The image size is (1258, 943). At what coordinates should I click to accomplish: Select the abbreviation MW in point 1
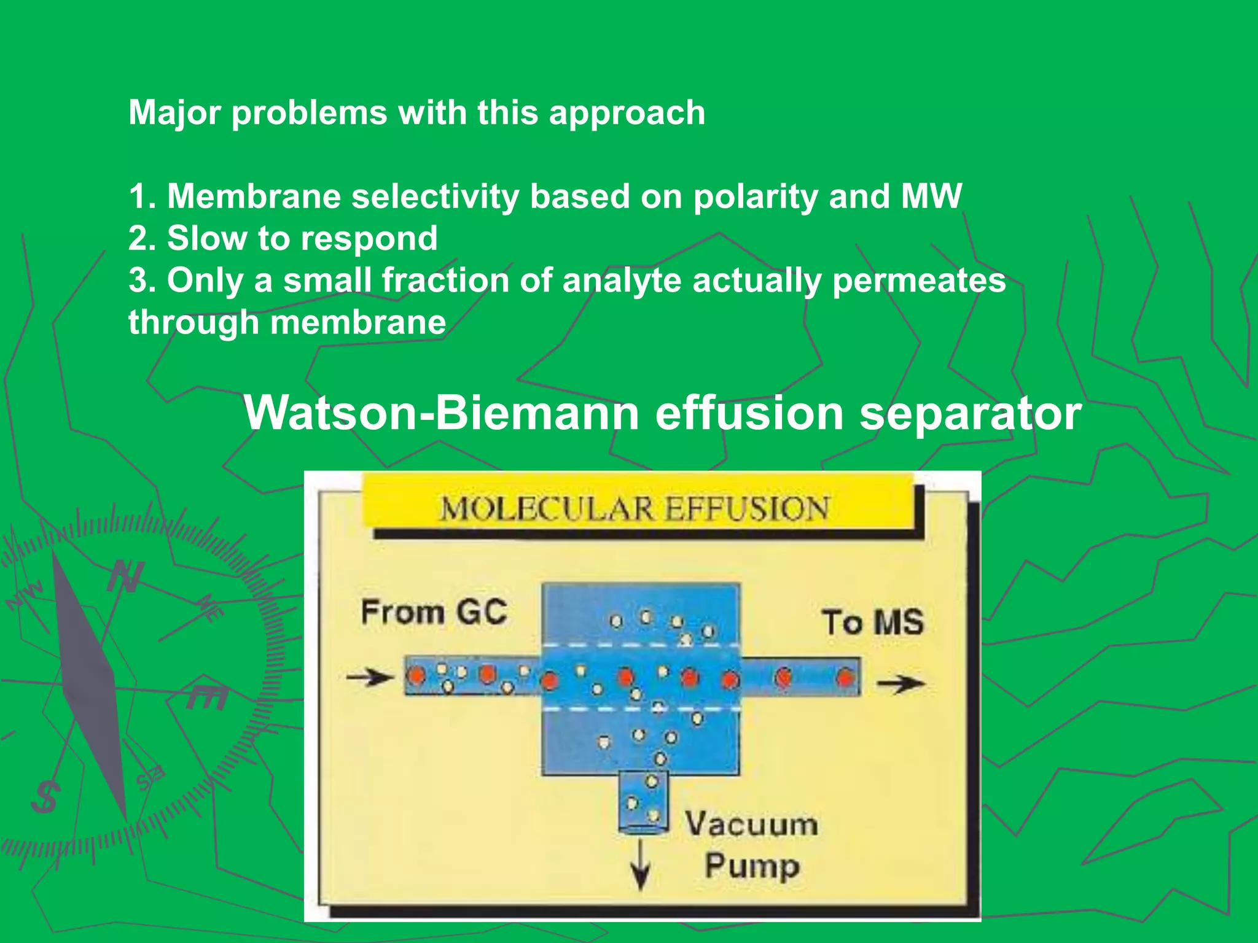click(x=931, y=196)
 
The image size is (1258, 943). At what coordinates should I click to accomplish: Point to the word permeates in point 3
click(x=919, y=281)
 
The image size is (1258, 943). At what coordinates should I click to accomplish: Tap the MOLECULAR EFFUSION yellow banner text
click(x=634, y=509)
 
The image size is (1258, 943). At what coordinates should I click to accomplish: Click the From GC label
click(x=434, y=613)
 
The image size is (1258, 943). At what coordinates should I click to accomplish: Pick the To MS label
click(x=872, y=622)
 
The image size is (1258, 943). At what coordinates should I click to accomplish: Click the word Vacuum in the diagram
click(x=751, y=824)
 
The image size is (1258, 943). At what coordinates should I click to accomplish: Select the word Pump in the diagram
click(x=752, y=866)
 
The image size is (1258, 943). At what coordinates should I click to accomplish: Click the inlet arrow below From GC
click(x=369, y=677)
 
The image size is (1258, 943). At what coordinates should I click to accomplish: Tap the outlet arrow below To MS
click(x=899, y=683)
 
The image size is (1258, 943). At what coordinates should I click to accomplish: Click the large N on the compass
click(x=127, y=577)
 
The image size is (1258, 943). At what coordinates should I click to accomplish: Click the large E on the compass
click(x=208, y=696)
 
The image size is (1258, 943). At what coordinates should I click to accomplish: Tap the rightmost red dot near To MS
click(x=845, y=677)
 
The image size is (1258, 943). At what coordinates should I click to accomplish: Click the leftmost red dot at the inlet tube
click(x=417, y=675)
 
